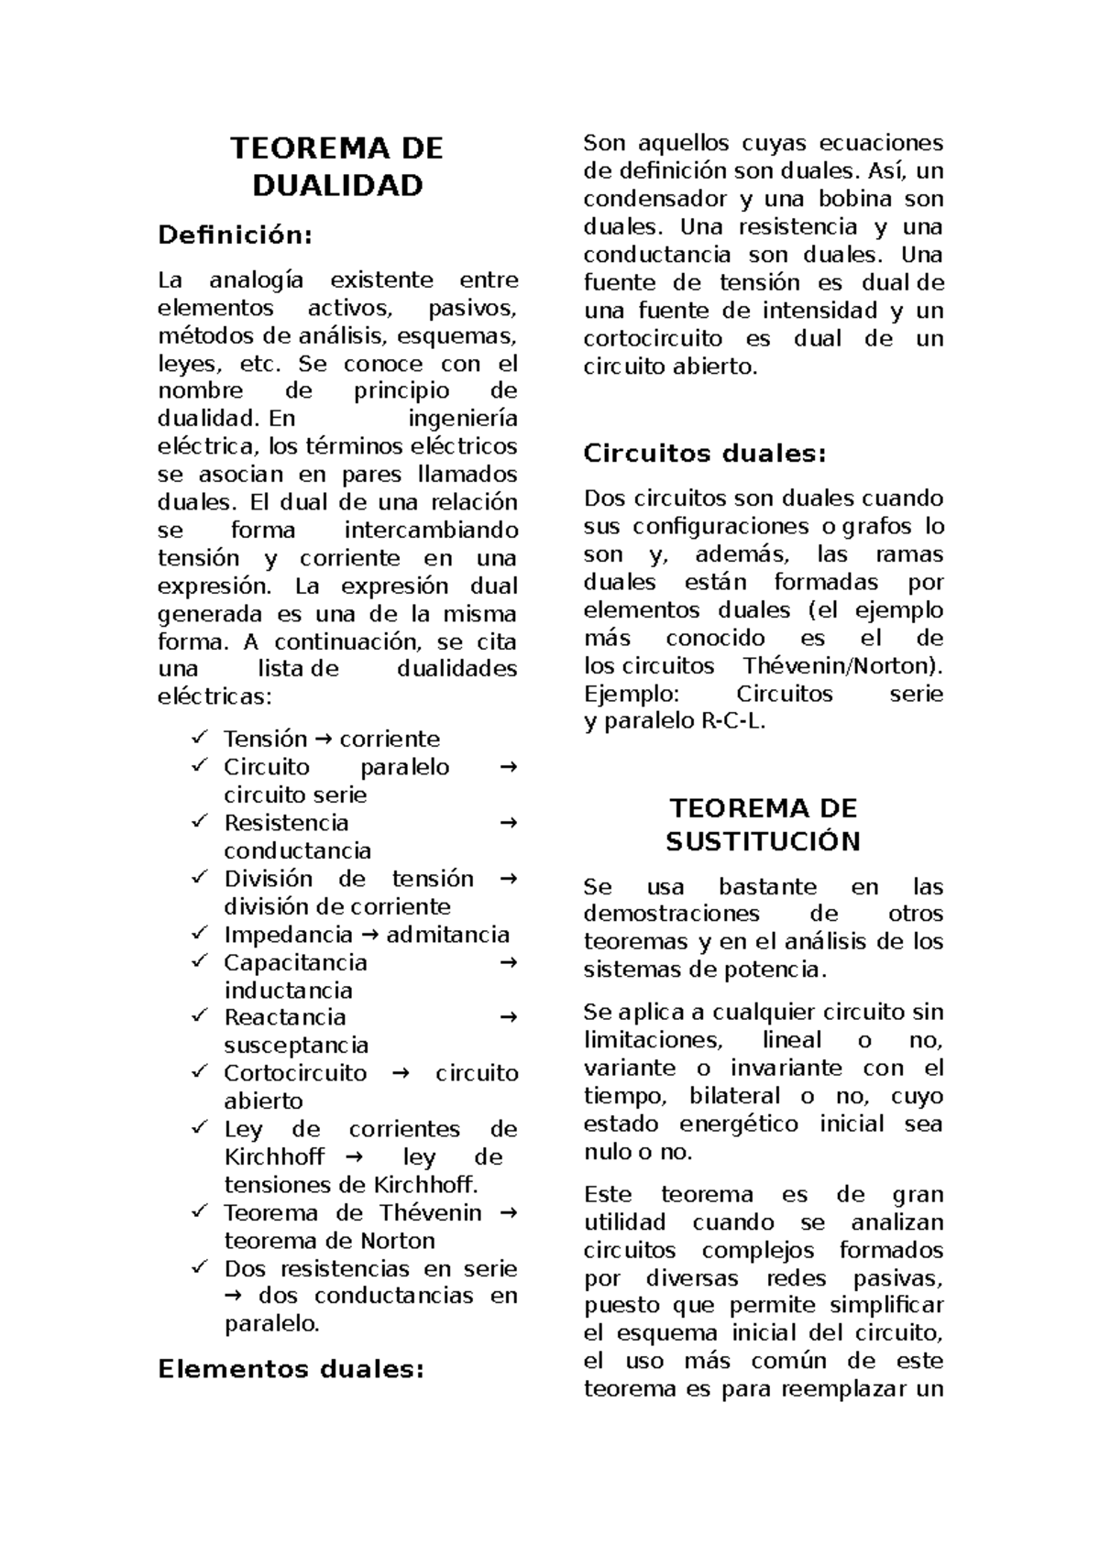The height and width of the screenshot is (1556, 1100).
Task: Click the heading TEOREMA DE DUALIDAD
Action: [337, 167]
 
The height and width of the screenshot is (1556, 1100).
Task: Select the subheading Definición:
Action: [236, 236]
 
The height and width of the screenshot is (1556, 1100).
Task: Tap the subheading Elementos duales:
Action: [291, 1370]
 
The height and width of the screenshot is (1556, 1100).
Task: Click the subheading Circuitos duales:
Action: [705, 454]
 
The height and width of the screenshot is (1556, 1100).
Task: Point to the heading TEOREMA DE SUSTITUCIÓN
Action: [763, 825]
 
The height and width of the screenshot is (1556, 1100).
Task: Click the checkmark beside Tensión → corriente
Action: [199, 737]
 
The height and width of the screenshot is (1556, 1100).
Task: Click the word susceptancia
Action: [296, 1046]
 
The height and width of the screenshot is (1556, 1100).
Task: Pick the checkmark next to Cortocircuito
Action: [199, 1071]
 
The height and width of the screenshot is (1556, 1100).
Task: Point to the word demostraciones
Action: [671, 914]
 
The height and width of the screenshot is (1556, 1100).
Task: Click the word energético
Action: [739, 1124]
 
